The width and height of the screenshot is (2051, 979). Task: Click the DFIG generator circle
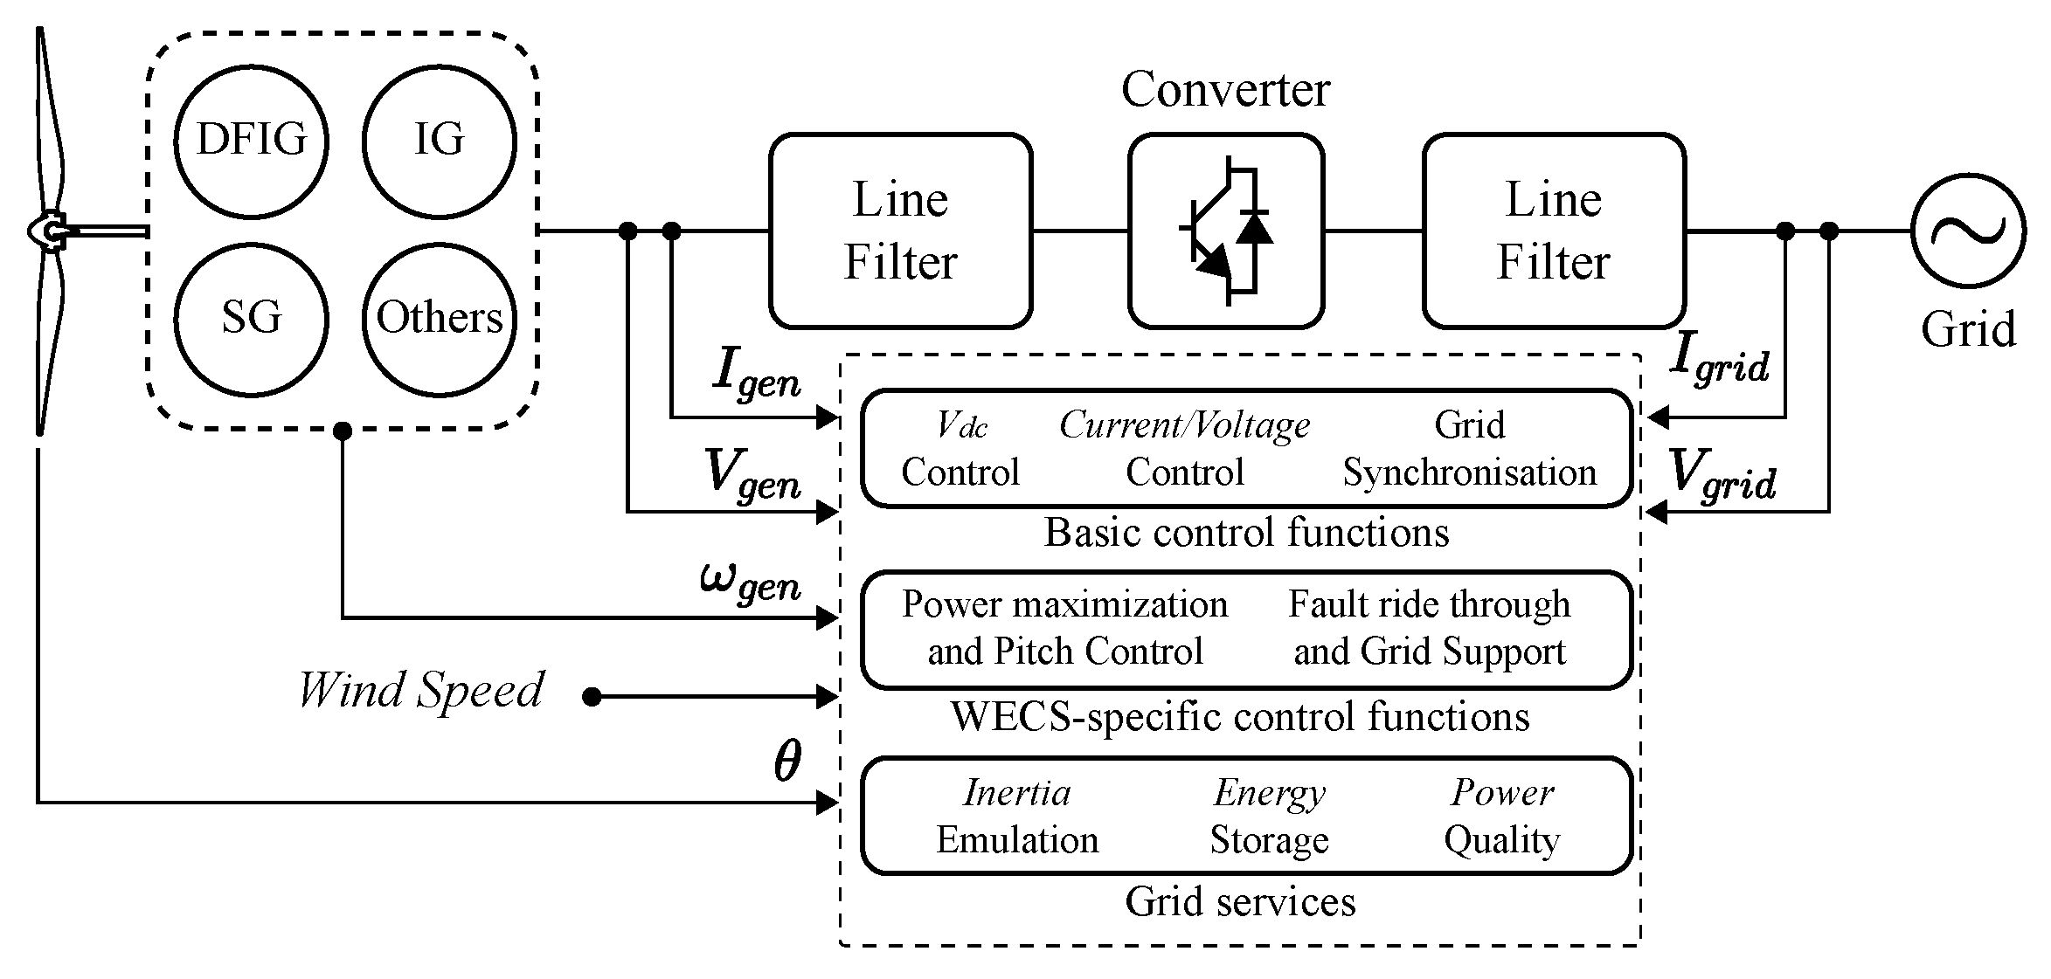251,141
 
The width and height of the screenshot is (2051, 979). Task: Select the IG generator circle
439,141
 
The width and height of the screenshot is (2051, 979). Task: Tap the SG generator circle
251,319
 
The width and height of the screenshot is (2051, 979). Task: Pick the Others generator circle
439,319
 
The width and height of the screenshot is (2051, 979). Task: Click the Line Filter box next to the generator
900,231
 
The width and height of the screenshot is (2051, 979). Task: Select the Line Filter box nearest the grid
1553,231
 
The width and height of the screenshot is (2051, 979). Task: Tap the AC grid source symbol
1967,231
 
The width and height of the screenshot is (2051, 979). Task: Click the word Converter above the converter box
1224,90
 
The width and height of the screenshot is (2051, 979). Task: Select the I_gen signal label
757,374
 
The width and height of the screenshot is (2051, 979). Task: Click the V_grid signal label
1721,475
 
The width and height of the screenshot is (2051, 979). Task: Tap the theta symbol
787,762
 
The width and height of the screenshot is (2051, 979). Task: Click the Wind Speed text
420,691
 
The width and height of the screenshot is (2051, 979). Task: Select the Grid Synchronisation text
1469,449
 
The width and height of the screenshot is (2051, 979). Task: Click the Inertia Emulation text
1016,816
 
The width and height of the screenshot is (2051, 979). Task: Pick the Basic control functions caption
1246,533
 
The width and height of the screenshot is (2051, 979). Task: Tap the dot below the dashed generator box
343,431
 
